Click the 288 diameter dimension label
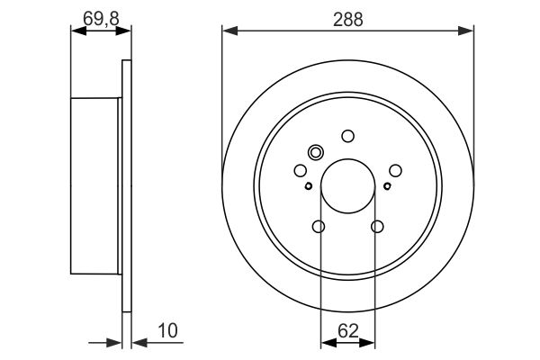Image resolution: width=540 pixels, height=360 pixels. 347,20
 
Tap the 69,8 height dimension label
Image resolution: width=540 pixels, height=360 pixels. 101,18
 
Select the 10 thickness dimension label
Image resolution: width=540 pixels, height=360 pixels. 167,330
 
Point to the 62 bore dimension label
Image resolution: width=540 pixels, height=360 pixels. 348,331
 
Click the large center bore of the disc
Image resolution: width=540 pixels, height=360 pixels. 347,186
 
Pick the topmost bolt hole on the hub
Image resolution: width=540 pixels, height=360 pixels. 347,136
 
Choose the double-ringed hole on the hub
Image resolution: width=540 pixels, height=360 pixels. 316,152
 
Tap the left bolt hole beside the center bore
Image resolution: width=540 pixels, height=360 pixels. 301,170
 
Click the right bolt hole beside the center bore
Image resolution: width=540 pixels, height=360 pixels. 395,170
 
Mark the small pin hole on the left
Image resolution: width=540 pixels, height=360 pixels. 309,186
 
